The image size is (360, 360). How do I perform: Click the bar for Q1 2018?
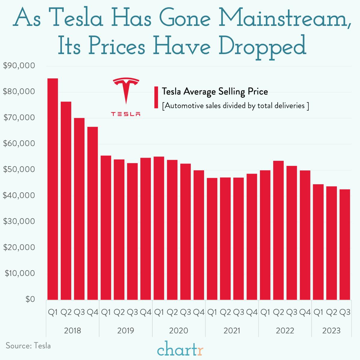pos(53,189)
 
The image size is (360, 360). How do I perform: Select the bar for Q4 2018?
pos(93,213)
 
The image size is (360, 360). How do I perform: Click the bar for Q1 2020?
pos(159,228)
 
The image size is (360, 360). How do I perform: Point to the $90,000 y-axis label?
pos(19,66)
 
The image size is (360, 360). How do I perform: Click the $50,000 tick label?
pos(19,169)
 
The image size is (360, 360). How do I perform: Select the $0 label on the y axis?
pos(30,299)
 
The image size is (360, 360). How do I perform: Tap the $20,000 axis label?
pos(19,247)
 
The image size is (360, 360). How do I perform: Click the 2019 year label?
pos(126,331)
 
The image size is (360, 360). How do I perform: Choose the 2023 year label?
pos(331,331)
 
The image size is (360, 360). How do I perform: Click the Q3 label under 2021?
pos(239,313)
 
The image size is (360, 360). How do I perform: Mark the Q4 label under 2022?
pos(305,313)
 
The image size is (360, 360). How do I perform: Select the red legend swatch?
pos(156,97)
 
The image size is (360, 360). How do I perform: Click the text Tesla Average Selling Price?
pos(215,91)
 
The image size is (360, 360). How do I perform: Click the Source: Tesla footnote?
pos(28,346)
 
